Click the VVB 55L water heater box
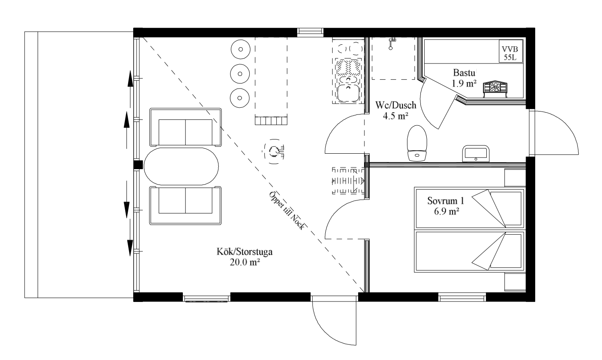pos(511,51)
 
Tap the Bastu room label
pos(464,73)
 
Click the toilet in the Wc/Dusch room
pos(417,143)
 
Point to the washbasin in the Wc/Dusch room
pos(476,154)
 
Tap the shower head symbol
pos(392,44)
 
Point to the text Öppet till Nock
pos(287,211)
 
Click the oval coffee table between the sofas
pos(181,166)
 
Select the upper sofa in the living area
pos(185,127)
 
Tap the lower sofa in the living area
pos(185,205)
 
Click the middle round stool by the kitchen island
pos(240,74)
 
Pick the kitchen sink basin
pos(348,93)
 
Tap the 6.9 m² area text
pos(446,211)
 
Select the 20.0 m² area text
pos(245,262)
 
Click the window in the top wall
pos(310,32)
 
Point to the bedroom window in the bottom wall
pos(462,297)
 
